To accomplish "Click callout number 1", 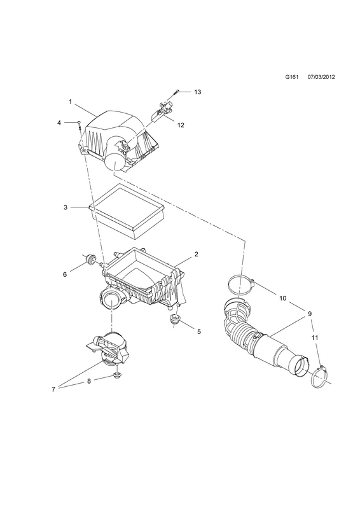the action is point(71,102).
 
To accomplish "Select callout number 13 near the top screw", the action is point(197,92).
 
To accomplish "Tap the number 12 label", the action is point(181,125).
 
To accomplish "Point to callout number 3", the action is point(66,207).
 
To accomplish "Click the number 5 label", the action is point(199,331).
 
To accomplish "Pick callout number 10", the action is point(283,298).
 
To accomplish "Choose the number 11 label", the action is point(315,338).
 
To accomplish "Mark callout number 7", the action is point(53,389).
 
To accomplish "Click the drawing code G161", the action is point(291,77).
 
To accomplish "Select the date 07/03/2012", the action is point(321,77).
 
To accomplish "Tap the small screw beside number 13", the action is point(177,92).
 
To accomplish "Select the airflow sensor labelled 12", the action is point(162,111).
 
